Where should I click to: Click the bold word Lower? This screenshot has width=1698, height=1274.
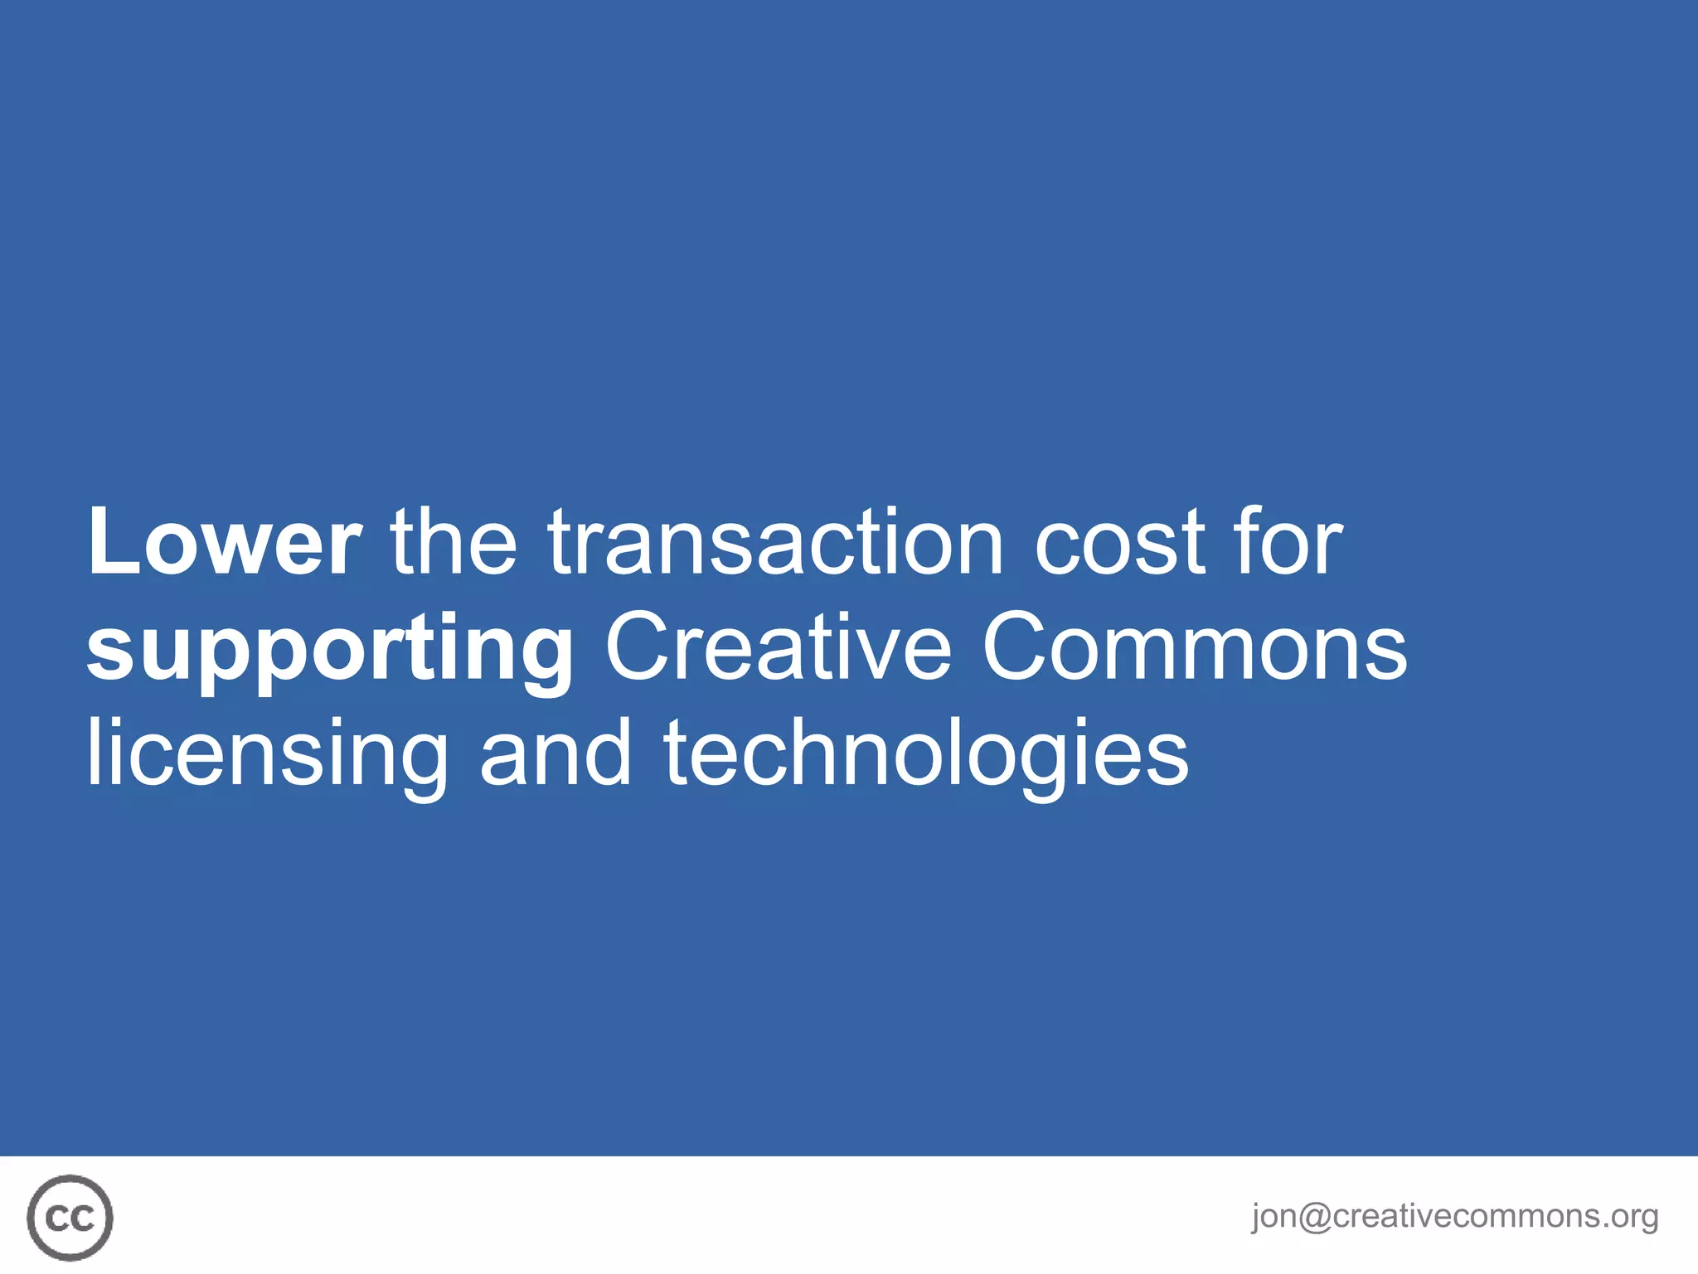point(224,542)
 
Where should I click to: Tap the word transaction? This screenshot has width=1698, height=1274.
point(775,542)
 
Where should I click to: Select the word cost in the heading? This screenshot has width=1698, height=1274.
point(1120,542)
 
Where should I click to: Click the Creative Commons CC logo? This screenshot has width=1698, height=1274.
point(70,1217)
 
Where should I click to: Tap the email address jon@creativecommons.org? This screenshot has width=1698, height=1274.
point(1454,1216)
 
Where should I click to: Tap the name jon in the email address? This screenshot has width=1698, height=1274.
point(1274,1217)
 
